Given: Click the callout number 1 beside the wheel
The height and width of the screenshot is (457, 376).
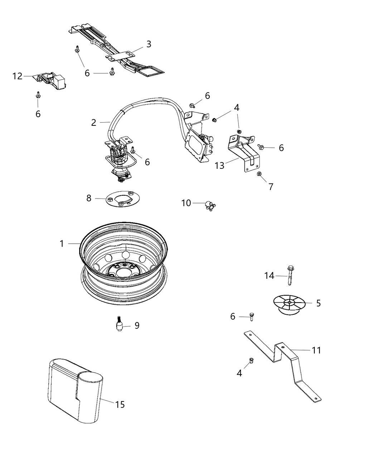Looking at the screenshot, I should pyautogui.click(x=62, y=244).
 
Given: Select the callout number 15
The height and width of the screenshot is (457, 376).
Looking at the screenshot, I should pyautogui.click(x=120, y=404).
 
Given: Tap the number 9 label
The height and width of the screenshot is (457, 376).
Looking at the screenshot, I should pyautogui.click(x=136, y=325).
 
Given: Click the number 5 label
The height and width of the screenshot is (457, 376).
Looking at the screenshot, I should pyautogui.click(x=318, y=303).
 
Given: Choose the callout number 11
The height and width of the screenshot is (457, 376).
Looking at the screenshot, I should pyautogui.click(x=316, y=350).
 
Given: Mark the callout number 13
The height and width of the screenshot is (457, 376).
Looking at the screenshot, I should pyautogui.click(x=220, y=165).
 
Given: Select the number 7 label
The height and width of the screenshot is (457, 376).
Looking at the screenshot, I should pyautogui.click(x=271, y=186).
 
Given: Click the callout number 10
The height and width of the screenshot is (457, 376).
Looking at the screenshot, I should pyautogui.click(x=186, y=203).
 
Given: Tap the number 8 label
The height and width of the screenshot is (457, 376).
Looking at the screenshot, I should pyautogui.click(x=89, y=198).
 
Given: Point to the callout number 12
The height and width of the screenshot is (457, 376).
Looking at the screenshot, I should pyautogui.click(x=17, y=76).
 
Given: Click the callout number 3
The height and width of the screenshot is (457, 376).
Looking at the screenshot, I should pyautogui.click(x=148, y=44).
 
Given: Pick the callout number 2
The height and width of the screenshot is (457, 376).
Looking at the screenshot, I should pyautogui.click(x=93, y=123).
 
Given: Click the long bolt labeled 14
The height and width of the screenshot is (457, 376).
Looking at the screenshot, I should pyautogui.click(x=289, y=275).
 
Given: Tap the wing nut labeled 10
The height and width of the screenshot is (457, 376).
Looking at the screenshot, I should pyautogui.click(x=209, y=206).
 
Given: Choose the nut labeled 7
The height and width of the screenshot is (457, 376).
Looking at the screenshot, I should pyautogui.click(x=259, y=175).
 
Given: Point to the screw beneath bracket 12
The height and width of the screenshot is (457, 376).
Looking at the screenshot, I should pyautogui.click(x=38, y=95).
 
